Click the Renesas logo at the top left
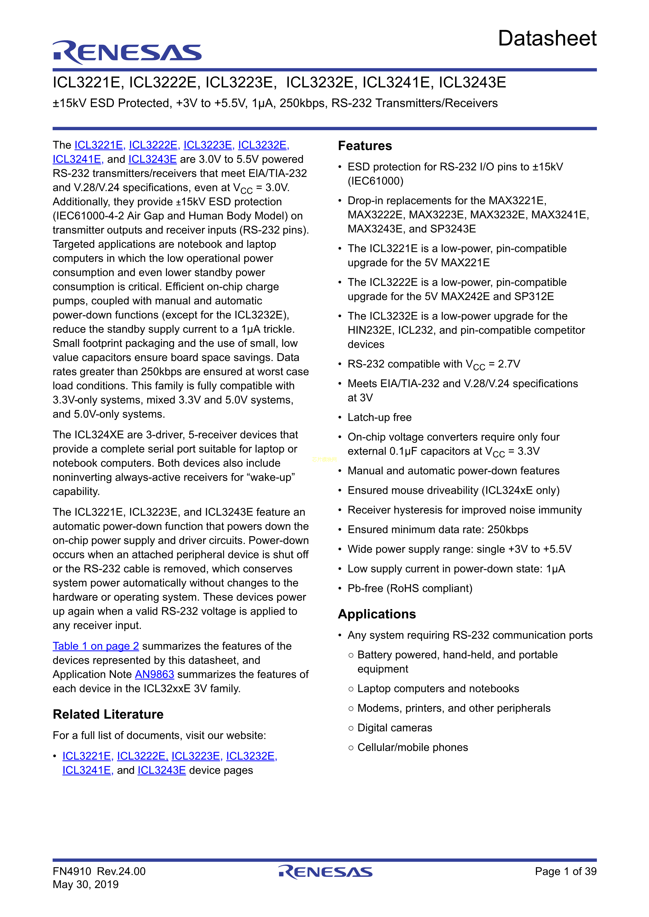[x=127, y=52]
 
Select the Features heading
[x=365, y=146]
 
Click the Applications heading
[x=377, y=614]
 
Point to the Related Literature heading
[x=108, y=714]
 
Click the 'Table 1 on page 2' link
[x=96, y=646]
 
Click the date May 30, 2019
[x=86, y=884]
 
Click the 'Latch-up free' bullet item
[x=379, y=417]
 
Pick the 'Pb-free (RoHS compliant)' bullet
[x=410, y=588]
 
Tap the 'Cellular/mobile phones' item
[x=412, y=747]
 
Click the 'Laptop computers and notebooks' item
[x=438, y=689]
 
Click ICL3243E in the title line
[x=472, y=83]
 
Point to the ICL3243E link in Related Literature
[x=162, y=770]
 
